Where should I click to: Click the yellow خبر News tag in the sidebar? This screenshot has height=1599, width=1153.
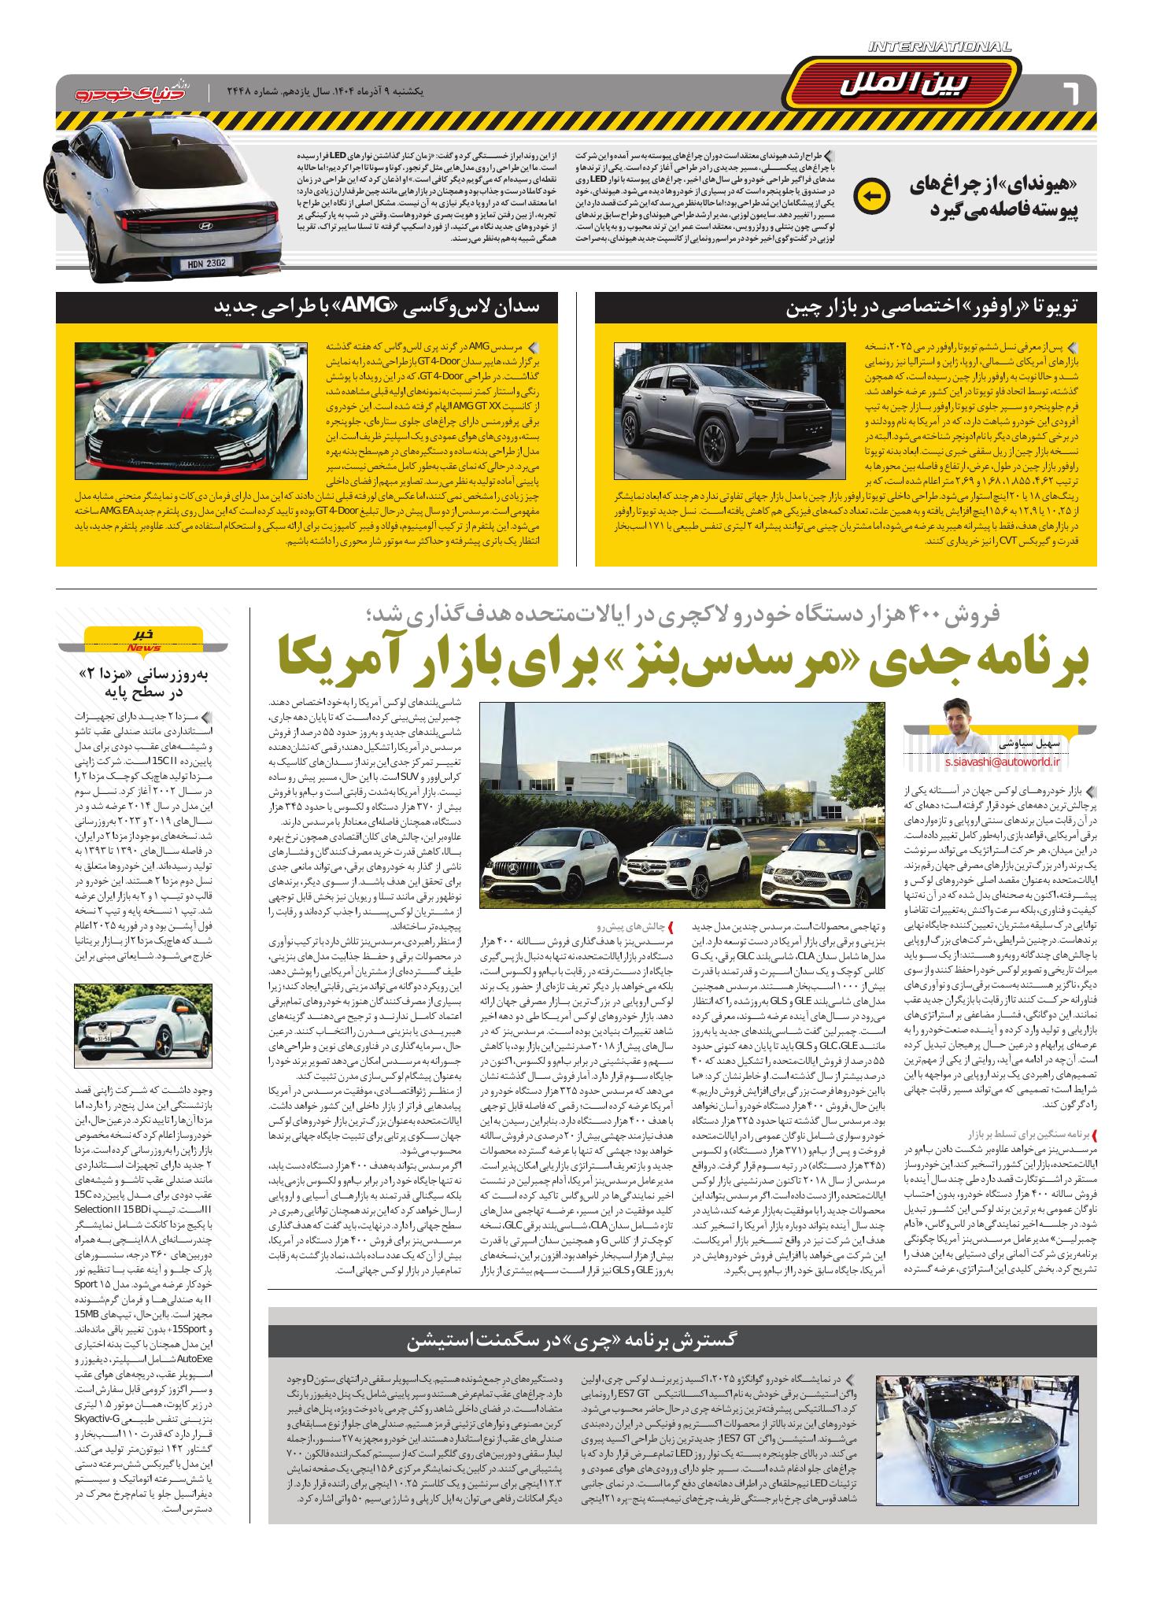pos(142,637)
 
